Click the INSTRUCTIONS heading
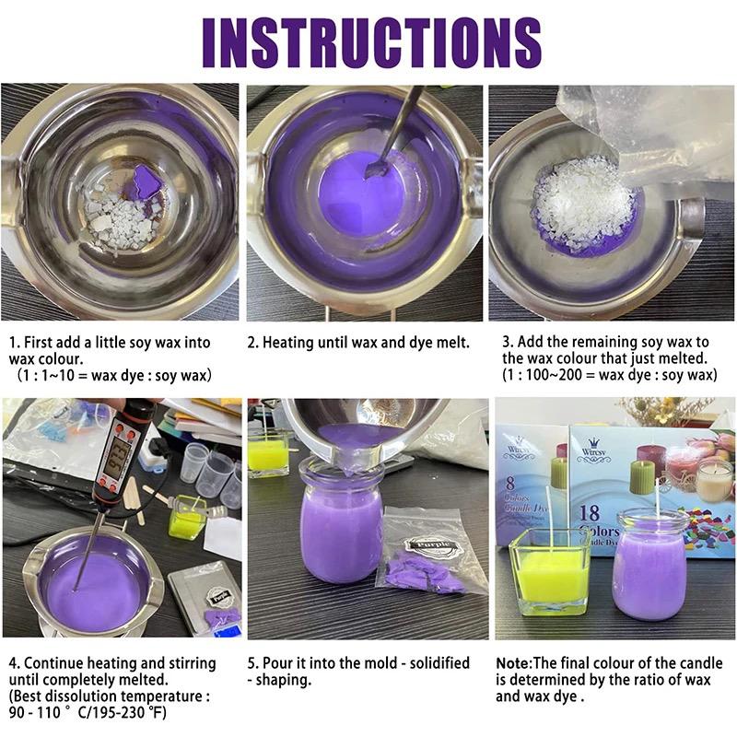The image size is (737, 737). (372, 42)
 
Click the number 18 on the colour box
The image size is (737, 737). (589, 512)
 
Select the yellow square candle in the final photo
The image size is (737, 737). (549, 572)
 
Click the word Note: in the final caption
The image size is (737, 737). (514, 662)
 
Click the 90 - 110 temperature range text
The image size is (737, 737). (35, 712)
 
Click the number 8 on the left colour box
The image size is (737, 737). (510, 483)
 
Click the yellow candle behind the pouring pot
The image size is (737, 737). (267, 452)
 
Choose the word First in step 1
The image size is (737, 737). (38, 342)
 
